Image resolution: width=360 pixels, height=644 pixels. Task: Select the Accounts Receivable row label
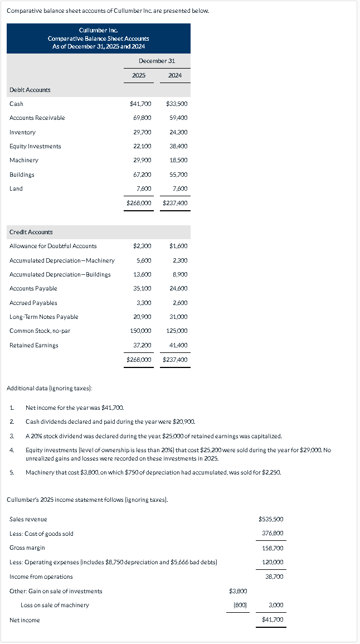[x=37, y=118]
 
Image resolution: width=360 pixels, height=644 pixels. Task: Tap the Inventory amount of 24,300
[x=178, y=132]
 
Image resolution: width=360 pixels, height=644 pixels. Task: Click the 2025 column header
[x=139, y=75]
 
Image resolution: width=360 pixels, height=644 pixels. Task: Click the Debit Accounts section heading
[x=30, y=90]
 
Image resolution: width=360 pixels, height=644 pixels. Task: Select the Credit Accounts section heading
[x=31, y=232]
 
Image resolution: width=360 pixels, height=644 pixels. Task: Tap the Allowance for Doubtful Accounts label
[x=53, y=246]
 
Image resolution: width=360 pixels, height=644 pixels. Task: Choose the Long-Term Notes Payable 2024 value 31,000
[x=178, y=317]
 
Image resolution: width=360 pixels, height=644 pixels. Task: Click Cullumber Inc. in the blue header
[x=98, y=31]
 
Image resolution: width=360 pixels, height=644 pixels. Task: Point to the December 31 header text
[x=157, y=60]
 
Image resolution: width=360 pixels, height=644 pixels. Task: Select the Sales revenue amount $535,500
[x=271, y=519]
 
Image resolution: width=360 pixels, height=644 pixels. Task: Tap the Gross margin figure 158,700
[x=273, y=548]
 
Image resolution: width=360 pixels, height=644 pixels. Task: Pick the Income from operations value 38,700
[x=274, y=577]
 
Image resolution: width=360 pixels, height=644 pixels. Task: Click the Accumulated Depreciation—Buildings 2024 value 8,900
[x=180, y=274]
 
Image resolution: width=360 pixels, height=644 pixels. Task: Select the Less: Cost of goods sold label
[x=41, y=534]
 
